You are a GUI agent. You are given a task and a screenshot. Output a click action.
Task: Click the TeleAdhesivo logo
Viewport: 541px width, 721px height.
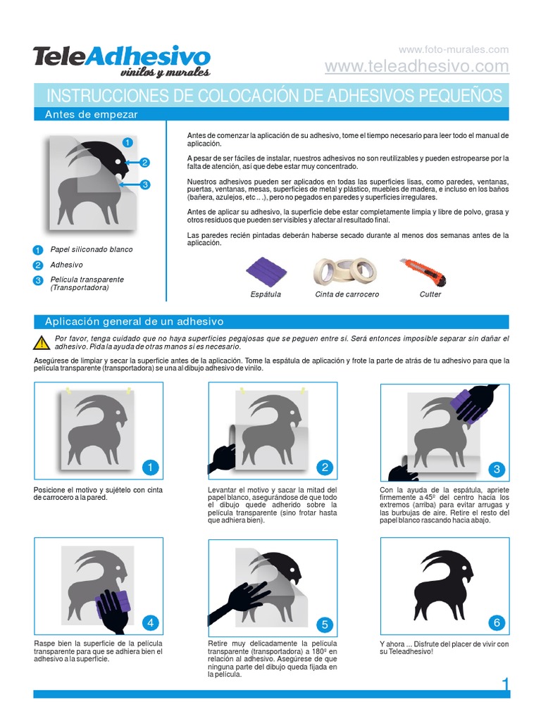point(121,61)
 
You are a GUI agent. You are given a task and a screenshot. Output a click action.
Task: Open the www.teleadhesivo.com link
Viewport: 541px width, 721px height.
point(416,66)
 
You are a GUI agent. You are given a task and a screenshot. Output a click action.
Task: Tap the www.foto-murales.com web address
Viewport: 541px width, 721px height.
point(453,49)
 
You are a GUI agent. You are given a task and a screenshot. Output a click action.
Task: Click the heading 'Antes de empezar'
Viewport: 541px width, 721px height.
point(91,114)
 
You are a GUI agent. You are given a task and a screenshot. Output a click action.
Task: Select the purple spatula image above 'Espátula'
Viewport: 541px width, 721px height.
point(266,271)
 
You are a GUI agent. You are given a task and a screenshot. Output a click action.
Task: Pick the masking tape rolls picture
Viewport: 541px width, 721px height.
point(345,271)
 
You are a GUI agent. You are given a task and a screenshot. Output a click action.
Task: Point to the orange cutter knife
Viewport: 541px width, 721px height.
point(423,272)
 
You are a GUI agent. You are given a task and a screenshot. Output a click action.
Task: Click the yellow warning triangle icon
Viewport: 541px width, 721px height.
point(40,343)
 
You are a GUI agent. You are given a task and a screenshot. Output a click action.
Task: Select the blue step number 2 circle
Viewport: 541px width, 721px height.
point(324,468)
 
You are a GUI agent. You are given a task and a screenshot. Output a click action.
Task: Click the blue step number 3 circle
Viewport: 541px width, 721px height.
point(497,469)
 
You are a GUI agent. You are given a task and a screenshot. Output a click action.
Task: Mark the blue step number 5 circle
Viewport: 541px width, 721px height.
point(324,624)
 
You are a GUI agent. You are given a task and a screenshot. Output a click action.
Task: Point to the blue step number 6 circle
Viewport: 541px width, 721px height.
point(497,622)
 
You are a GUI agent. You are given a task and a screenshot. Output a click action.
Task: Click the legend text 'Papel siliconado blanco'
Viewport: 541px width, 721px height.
point(91,249)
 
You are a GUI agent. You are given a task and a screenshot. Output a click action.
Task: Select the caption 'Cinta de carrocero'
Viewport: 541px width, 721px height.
point(347,294)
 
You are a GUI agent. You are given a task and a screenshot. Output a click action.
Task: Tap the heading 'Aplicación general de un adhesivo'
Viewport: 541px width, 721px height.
point(134,321)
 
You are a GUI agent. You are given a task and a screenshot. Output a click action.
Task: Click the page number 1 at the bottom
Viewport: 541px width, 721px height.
point(504,685)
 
